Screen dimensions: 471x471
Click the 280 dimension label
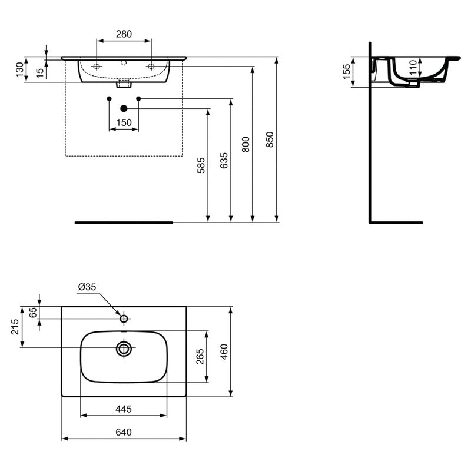click(x=123, y=34)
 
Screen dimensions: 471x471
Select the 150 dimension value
click(x=124, y=122)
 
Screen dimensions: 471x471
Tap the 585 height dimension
click(x=201, y=164)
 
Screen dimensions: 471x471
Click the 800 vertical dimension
click(x=246, y=144)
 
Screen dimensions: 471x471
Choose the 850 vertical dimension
click(x=270, y=139)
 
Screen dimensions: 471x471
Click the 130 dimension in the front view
click(x=19, y=69)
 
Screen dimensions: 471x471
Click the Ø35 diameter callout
click(x=87, y=287)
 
